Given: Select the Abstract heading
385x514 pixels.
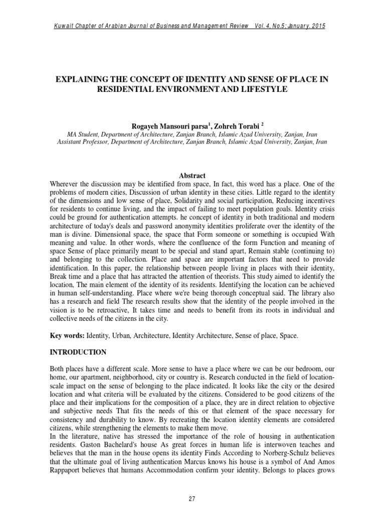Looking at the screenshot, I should pos(192,176).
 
